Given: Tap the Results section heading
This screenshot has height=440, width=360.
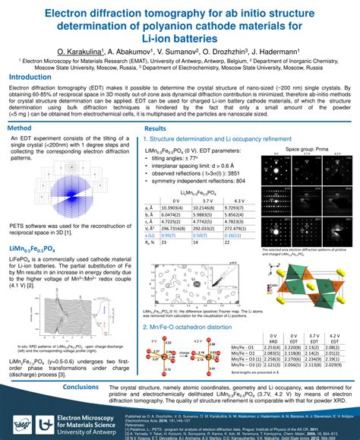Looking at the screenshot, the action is (156, 129).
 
